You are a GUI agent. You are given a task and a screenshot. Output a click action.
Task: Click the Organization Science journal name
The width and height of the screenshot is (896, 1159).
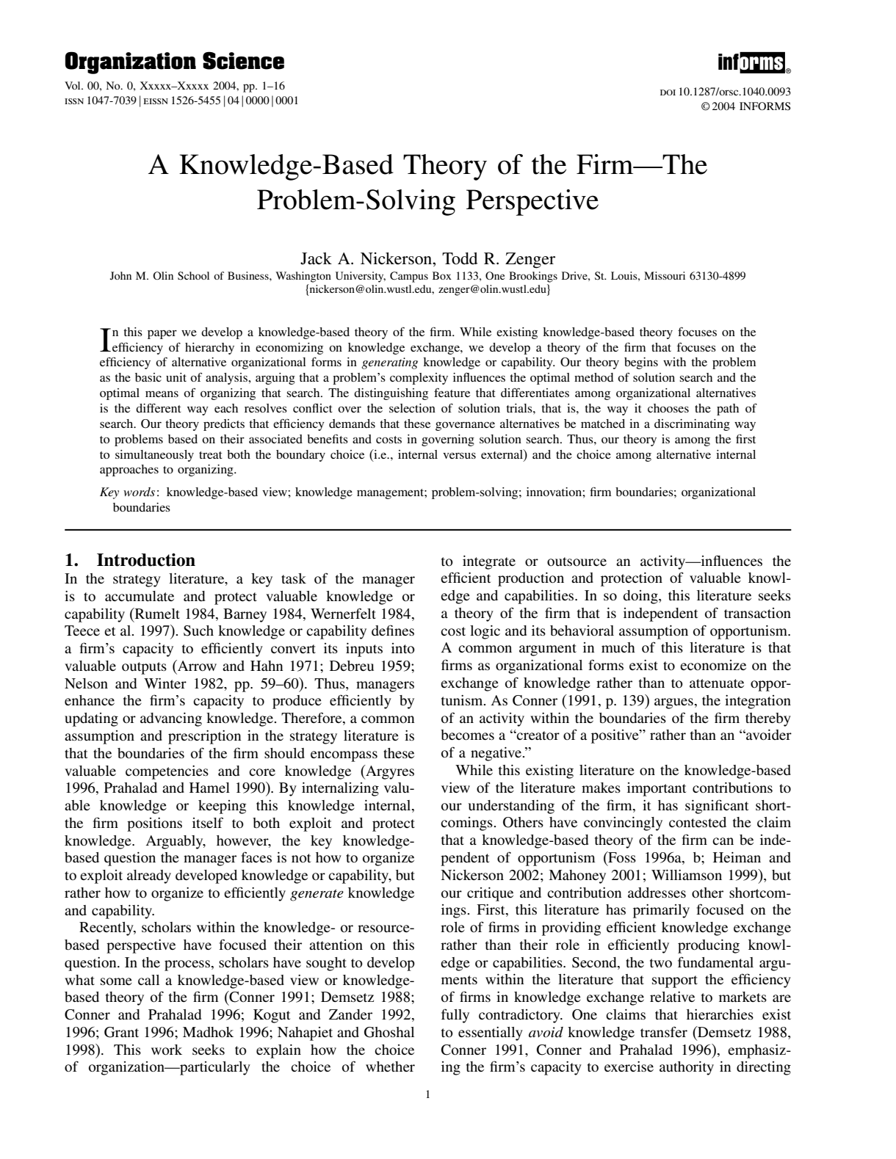(174, 62)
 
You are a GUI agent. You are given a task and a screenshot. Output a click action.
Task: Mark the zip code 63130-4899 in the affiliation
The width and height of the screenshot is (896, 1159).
(719, 276)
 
